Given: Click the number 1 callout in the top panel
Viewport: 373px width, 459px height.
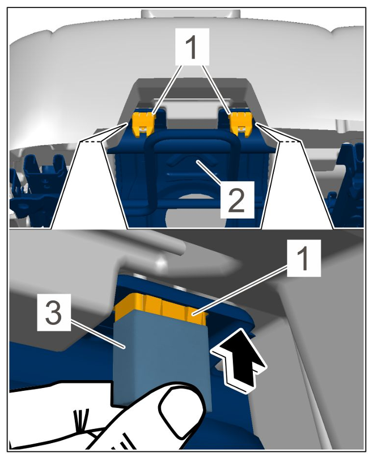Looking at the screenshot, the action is (x=192, y=47).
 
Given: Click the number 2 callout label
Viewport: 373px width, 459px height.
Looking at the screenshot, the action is (x=237, y=199).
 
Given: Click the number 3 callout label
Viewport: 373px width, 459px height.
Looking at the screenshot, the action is (x=54, y=312).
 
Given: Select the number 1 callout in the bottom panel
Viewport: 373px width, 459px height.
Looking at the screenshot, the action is (x=304, y=258).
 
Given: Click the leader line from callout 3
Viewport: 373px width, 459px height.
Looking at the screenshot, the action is (x=98, y=333).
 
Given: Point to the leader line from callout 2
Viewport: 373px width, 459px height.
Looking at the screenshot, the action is (x=209, y=171).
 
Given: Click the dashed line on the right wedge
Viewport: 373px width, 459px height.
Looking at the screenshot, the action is (x=290, y=141).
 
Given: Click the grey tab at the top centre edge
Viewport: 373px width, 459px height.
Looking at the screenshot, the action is (x=190, y=14).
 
